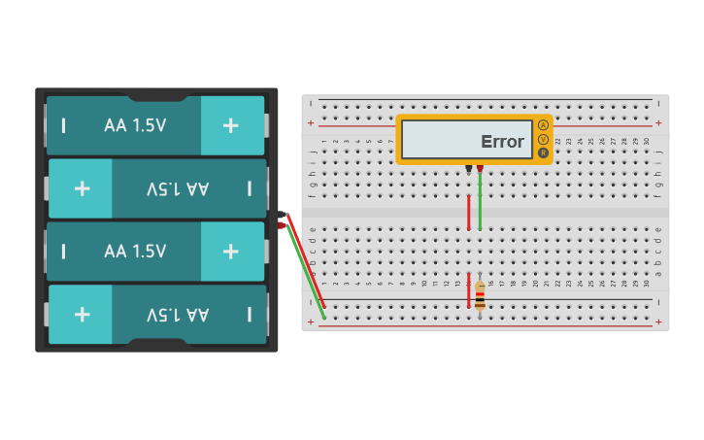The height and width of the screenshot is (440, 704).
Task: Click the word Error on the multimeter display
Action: point(502,142)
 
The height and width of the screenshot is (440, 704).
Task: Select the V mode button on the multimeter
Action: point(543,139)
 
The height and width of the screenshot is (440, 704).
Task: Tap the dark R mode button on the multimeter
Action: point(543,152)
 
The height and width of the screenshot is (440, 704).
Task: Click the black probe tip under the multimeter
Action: point(469,169)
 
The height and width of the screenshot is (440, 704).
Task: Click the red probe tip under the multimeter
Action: point(480,169)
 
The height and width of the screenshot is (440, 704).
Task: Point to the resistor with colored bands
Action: point(480,293)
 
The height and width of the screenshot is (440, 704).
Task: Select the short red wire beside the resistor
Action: point(469,291)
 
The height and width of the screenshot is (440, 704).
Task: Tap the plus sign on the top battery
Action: point(230,125)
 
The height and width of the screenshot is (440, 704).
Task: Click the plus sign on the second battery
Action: point(83,187)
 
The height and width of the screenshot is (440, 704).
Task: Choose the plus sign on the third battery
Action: point(230,251)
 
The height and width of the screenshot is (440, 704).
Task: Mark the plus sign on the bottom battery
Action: point(83,314)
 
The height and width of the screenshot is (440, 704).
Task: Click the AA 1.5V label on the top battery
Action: point(135,125)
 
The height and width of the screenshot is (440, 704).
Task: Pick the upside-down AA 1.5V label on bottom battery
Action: point(178,314)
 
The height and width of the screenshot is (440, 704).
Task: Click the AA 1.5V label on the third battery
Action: point(135,251)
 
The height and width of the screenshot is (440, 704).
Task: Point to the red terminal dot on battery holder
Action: point(282,225)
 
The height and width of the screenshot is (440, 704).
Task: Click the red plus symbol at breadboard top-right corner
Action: point(658,123)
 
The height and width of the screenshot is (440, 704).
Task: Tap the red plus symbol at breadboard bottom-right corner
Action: point(658,321)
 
